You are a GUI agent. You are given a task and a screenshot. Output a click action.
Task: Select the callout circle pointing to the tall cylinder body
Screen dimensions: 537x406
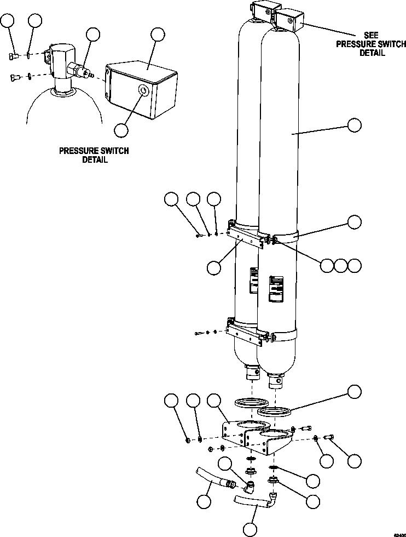pyautogui.click(x=355, y=125)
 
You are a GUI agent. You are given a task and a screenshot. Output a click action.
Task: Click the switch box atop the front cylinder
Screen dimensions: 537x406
pyautogui.click(x=289, y=20)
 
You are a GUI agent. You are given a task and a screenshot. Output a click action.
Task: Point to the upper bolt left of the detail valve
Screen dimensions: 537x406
pyautogui.click(x=14, y=54)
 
